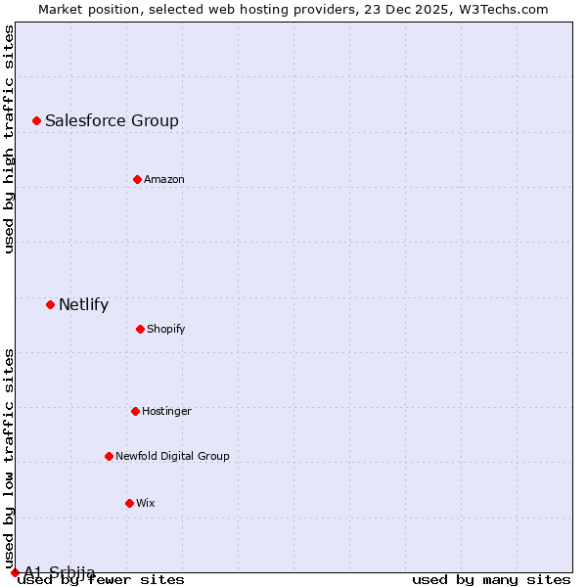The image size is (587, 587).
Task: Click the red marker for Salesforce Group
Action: (x=36, y=120)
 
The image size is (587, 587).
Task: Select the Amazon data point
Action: (x=137, y=179)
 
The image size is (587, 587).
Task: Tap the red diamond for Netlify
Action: (x=50, y=304)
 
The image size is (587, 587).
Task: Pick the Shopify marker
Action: (x=140, y=329)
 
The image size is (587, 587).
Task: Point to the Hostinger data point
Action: (x=135, y=411)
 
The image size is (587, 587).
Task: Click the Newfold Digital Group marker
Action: (x=109, y=456)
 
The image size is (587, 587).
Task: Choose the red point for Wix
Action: (x=129, y=503)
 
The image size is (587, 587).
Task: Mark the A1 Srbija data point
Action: (x=15, y=572)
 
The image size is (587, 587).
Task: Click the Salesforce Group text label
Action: (x=112, y=121)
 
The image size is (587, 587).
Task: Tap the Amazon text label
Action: (x=164, y=180)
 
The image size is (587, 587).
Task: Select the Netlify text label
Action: (x=83, y=305)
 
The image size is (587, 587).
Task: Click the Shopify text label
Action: (x=166, y=330)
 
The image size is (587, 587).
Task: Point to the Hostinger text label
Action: (x=166, y=412)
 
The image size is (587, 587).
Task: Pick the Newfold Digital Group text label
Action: (x=172, y=457)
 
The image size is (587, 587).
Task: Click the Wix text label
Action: (x=146, y=504)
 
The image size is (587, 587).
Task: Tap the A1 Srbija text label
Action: (x=60, y=572)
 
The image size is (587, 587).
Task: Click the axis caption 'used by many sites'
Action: (x=491, y=580)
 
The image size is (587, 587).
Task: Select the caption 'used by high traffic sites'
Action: (x=10, y=140)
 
